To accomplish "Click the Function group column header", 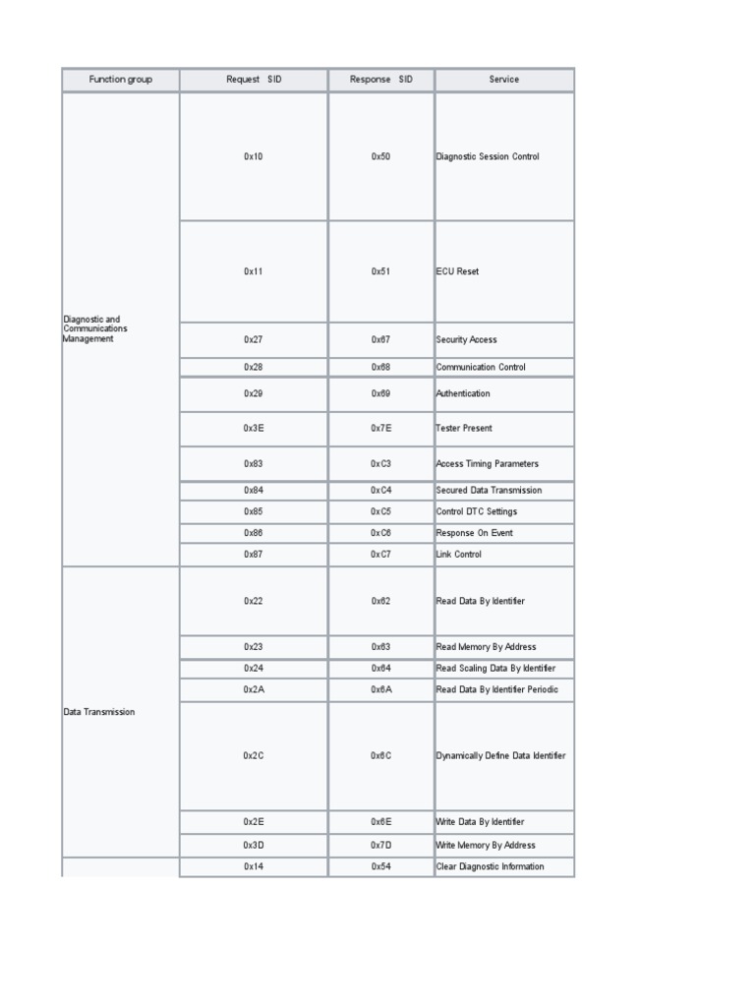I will (x=120, y=80).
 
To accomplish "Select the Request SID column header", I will (x=254, y=80).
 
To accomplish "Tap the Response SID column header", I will (x=381, y=80).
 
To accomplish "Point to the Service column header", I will (x=504, y=80).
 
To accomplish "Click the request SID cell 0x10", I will (x=254, y=156).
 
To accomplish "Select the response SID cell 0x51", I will (x=381, y=271).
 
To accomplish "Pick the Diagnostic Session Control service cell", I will (x=488, y=156).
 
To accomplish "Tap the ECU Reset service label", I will (x=458, y=271).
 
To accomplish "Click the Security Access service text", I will (x=467, y=339).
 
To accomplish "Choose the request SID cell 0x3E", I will (x=254, y=429).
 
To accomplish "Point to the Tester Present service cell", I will (x=465, y=429).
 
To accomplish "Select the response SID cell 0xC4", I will (x=381, y=490).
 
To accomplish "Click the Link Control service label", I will (x=460, y=555).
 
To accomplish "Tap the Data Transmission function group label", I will (x=99, y=712).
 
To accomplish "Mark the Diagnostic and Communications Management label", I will (x=95, y=328).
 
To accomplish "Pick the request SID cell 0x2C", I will (x=254, y=755).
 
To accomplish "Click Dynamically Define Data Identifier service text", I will (x=501, y=755).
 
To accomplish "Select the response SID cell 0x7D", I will (x=381, y=845).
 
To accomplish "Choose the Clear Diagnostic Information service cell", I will (x=491, y=866).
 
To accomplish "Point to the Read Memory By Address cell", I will (x=487, y=647).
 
